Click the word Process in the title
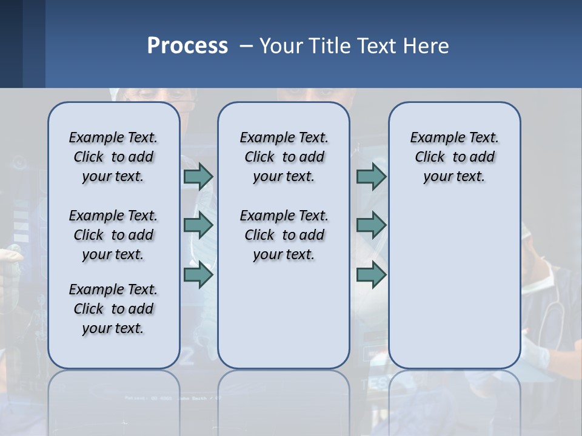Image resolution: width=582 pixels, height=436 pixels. coord(187,45)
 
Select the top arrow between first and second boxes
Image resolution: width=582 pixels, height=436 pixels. coord(198,176)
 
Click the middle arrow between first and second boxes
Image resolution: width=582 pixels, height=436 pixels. coord(198,225)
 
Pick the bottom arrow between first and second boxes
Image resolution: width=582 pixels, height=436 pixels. coord(198,275)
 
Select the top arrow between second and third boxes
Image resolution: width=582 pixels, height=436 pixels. coord(371,176)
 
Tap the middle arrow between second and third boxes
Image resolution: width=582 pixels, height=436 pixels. coord(371,225)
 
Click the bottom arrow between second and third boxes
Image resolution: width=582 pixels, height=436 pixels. coord(371,275)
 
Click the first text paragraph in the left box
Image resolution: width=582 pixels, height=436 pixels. coord(113,157)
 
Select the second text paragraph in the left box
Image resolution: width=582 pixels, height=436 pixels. coord(113,235)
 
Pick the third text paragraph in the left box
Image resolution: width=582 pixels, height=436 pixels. coord(113,309)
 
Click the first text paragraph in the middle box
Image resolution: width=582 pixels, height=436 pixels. coord(284,157)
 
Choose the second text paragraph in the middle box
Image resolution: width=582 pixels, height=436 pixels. coord(284,235)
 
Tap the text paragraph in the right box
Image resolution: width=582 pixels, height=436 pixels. coord(454,157)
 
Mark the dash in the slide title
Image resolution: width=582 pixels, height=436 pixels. coord(247,46)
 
